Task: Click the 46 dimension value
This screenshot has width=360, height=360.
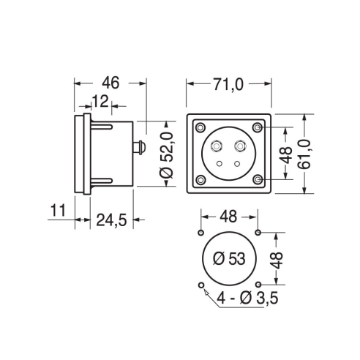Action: pyautogui.click(x=110, y=83)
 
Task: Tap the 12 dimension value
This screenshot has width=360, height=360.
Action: pyautogui.click(x=100, y=102)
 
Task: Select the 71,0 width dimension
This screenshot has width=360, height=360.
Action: pyautogui.click(x=228, y=84)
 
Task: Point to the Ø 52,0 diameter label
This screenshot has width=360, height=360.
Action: pyautogui.click(x=167, y=155)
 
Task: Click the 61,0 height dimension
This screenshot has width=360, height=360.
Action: pyautogui.click(x=304, y=154)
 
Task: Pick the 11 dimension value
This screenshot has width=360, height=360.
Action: pyautogui.click(x=58, y=211)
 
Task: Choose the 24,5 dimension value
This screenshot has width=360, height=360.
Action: pyautogui.click(x=111, y=220)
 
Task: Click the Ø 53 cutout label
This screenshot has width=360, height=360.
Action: pyautogui.click(x=229, y=258)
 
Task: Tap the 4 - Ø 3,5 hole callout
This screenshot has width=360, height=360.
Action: pyautogui.click(x=247, y=298)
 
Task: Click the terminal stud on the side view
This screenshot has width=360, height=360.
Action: pyautogui.click(x=139, y=147)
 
